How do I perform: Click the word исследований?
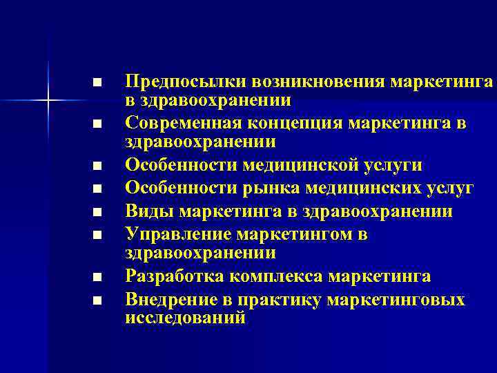point(185,318)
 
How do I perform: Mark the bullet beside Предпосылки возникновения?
point(97,83)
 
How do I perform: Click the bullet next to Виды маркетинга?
point(97,211)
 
